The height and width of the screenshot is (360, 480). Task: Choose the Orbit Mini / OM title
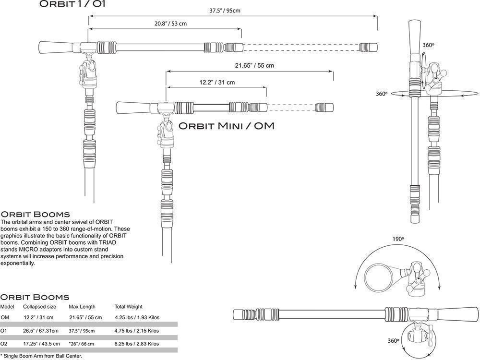point(227,126)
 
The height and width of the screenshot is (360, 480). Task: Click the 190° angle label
point(398,239)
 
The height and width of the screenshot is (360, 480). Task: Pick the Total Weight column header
point(128,307)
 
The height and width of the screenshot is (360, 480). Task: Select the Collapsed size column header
point(39,307)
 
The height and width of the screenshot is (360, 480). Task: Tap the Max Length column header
point(82,307)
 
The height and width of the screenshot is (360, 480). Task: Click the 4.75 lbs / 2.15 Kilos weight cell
point(137,331)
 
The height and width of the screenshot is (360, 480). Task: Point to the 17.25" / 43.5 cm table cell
point(41,344)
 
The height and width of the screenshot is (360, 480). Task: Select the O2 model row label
point(4,344)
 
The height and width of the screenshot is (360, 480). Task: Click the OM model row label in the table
point(5,317)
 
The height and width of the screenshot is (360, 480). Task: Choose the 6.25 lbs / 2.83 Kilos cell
point(137,344)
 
